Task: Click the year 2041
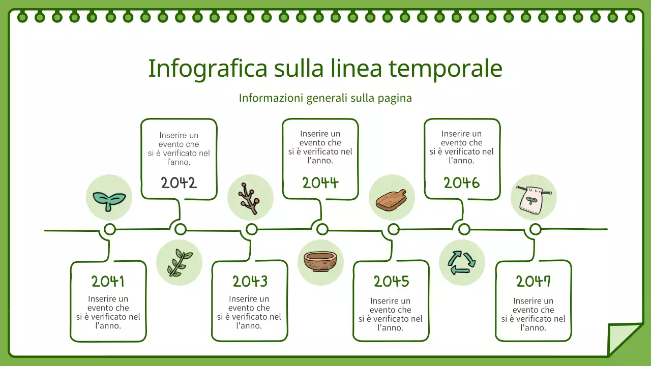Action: [x=108, y=281]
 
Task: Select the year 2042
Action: [x=179, y=182]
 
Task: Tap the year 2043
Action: [x=250, y=281]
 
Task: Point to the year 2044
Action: [x=320, y=182]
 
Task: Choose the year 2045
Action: [x=391, y=281]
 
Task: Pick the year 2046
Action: [x=462, y=182]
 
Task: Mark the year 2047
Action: [x=534, y=281]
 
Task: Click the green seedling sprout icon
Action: [x=109, y=198]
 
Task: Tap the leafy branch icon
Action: [x=179, y=263]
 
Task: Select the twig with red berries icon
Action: [x=250, y=198]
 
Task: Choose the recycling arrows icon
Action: [x=462, y=262]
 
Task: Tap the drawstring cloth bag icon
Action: [x=534, y=198]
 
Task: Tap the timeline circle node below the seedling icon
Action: [x=109, y=230]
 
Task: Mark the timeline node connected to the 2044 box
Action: [x=322, y=230]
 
